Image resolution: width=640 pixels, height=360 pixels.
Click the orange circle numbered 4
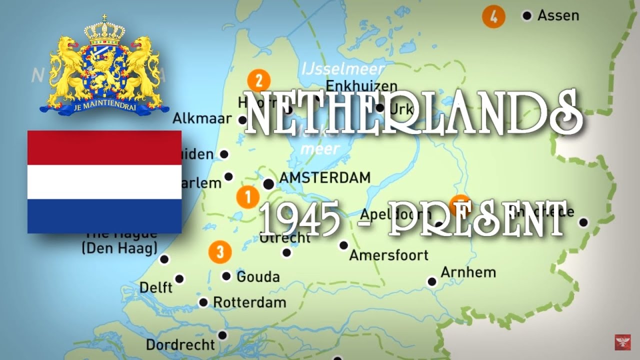point(493,16)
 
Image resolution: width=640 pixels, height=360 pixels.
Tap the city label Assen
point(558,15)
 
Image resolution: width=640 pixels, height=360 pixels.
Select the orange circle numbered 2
point(258,81)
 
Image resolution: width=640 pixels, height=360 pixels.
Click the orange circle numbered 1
point(247,197)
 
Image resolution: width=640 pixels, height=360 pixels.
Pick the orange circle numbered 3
point(220,251)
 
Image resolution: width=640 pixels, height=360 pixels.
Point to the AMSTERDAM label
point(324,177)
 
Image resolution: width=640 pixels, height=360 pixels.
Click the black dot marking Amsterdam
point(268,184)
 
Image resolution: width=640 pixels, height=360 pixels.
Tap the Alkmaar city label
point(202,118)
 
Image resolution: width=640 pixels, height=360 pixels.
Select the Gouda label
point(258,276)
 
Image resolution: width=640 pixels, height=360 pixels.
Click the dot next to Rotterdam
point(203,302)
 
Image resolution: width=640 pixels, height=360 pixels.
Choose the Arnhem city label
point(468,272)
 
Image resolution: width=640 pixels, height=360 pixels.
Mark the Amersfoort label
point(388,255)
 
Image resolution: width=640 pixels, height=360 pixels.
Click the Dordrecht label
point(180,344)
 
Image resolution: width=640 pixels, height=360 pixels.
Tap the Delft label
point(155,287)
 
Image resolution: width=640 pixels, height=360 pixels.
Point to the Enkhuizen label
point(361,86)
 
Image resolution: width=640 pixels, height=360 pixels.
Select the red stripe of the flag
point(104,147)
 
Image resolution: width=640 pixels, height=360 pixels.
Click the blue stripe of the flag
point(104,216)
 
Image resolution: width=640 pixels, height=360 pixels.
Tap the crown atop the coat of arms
point(104,31)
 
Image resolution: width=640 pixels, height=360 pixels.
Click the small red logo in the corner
point(622,342)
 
